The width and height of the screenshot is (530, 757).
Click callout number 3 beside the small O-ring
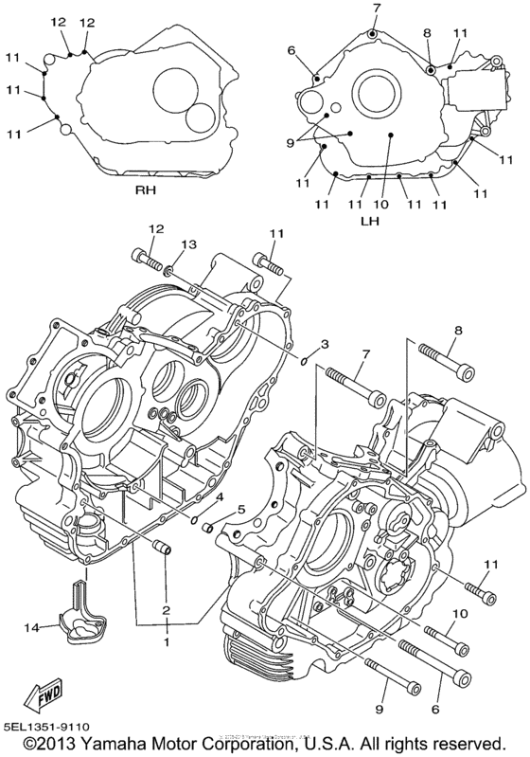click(324, 342)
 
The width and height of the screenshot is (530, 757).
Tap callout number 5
click(241, 510)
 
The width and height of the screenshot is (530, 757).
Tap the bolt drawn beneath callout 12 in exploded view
click(149, 258)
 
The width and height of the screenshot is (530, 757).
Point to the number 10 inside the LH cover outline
click(381, 203)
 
